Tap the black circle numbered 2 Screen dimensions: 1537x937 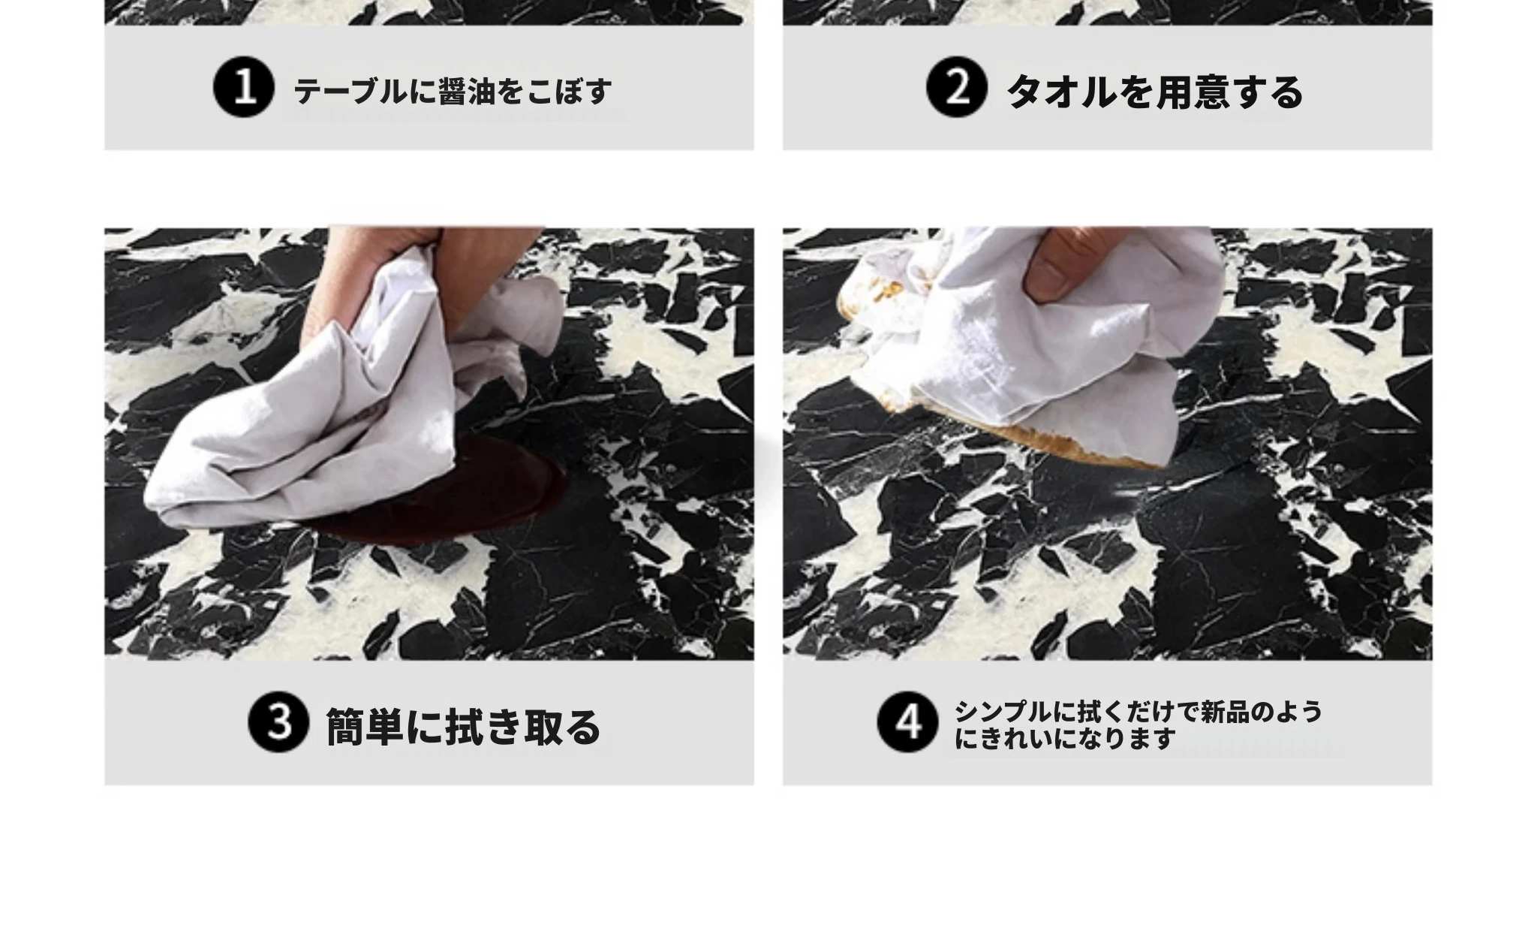pyautogui.click(x=955, y=89)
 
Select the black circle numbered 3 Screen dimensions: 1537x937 pyautogui.click(x=278, y=722)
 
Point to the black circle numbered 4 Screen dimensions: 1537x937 pyautogui.click(x=907, y=722)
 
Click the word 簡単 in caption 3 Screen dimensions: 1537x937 pyautogui.click(x=365, y=727)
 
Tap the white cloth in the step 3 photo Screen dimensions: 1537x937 pyautogui.click(x=353, y=390)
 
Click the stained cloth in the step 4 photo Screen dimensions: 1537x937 pyautogui.click(x=1036, y=345)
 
